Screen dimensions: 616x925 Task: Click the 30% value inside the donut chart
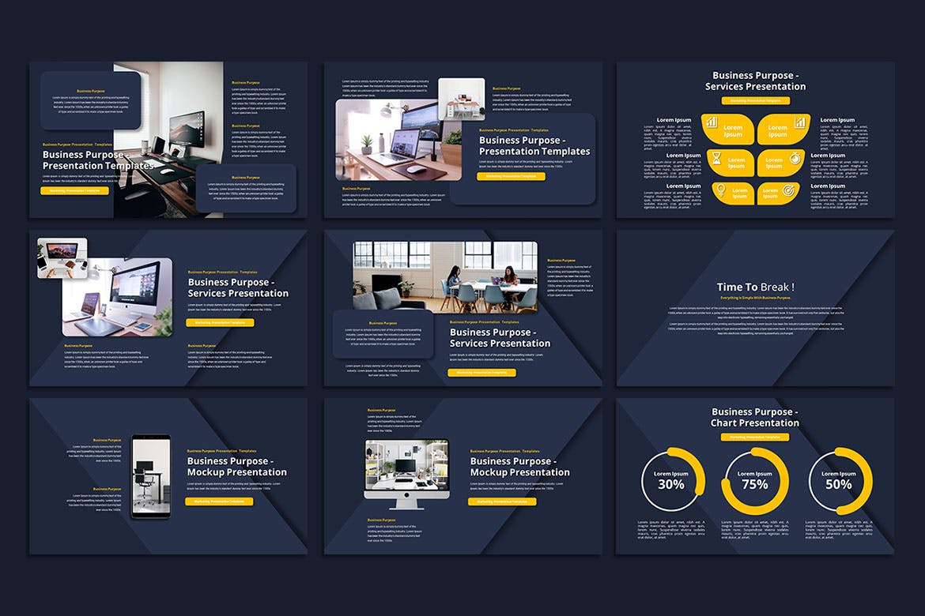point(671,484)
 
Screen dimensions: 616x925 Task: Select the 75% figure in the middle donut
point(755,484)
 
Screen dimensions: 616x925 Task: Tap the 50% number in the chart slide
point(839,484)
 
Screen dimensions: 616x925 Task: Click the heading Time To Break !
point(755,287)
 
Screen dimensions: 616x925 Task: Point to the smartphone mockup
point(150,476)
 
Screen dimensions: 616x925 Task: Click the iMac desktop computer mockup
point(406,472)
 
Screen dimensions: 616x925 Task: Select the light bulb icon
point(719,190)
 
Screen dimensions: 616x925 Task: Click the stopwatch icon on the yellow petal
point(795,160)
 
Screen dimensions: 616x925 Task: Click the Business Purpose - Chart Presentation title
point(755,417)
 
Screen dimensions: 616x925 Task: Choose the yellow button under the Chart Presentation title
point(755,436)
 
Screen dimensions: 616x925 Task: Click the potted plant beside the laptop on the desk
point(366,144)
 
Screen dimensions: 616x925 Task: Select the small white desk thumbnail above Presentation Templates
point(461,98)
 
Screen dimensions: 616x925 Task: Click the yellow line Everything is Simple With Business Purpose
point(755,298)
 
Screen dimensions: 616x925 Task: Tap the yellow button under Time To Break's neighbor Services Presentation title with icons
point(755,101)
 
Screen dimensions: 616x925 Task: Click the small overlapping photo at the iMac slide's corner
point(62,257)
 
